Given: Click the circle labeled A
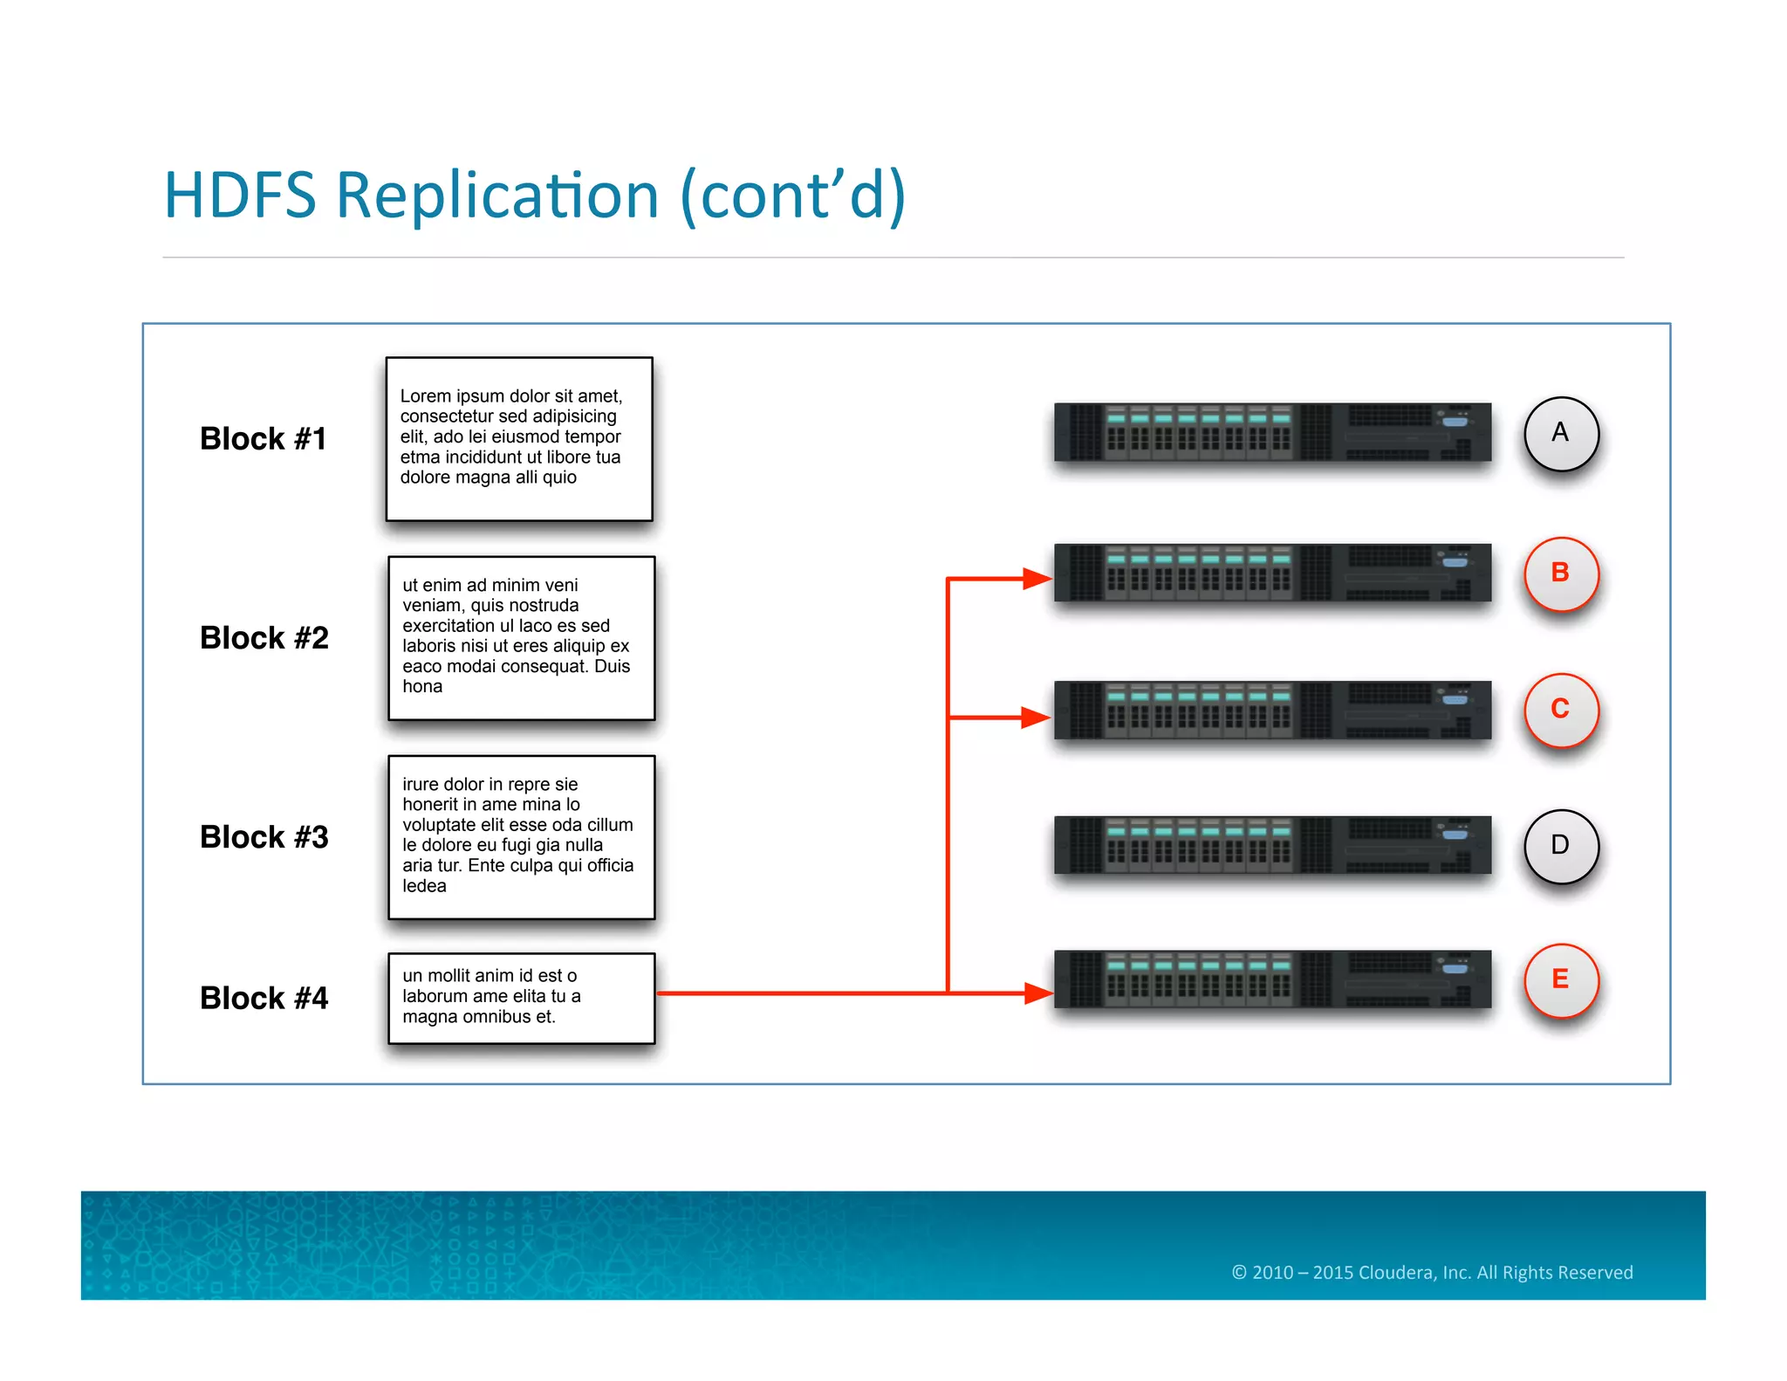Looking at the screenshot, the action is point(1560,434).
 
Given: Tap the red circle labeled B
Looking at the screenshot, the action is point(1560,574).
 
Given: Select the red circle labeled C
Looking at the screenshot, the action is point(1560,710).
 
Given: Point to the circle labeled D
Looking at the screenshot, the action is point(1560,846).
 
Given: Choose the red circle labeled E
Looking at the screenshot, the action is point(1560,980).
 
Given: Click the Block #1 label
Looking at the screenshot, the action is point(263,438).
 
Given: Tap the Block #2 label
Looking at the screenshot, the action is point(264,637).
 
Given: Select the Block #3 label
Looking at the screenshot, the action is point(264,836).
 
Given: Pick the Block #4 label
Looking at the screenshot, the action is point(264,998).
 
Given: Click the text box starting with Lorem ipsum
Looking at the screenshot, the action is point(519,438).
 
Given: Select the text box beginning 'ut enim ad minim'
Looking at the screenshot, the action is point(521,637).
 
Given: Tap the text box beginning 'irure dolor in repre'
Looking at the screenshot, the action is point(521,836).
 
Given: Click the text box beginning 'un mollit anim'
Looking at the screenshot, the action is point(521,998).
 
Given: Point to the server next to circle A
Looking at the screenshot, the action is point(1272,432).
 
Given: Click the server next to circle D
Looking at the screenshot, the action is point(1272,845).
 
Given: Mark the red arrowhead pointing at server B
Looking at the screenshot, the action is point(1037,578).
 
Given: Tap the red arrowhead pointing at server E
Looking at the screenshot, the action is point(1037,993).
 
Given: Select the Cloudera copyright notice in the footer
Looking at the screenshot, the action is point(1432,1272).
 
